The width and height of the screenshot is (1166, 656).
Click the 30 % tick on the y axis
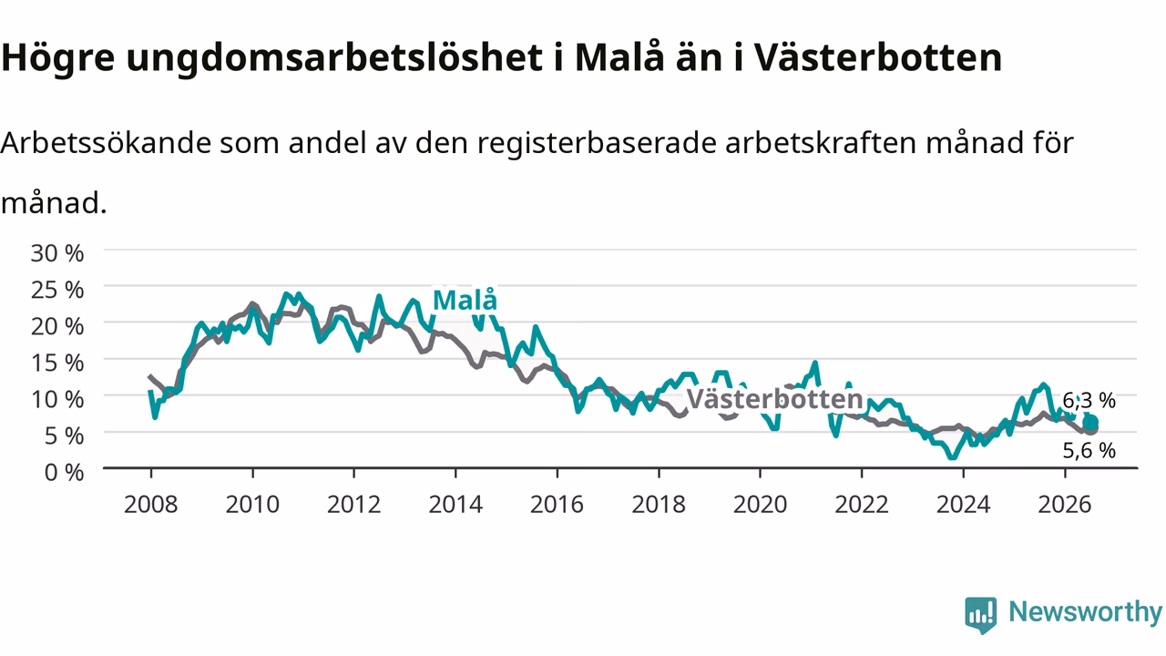(57, 253)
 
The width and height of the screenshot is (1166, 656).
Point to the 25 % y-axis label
(57, 290)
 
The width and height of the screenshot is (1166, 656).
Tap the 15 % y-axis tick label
(57, 363)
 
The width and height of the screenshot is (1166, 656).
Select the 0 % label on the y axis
(64, 472)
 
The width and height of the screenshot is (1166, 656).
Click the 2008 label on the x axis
(150, 505)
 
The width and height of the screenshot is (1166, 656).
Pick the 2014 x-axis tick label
(455, 505)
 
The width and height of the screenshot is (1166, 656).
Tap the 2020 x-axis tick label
(760, 505)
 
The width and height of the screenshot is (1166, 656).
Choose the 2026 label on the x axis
(1065, 505)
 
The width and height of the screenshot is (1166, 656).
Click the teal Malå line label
(465, 300)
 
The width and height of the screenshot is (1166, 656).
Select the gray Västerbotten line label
(774, 399)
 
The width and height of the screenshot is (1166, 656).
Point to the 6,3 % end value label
(1089, 400)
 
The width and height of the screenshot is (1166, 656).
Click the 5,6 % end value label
(1089, 450)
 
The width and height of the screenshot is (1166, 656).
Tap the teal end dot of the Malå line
(1090, 423)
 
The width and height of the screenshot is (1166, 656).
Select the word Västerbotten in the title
(878, 57)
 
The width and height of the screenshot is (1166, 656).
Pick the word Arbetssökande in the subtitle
(106, 142)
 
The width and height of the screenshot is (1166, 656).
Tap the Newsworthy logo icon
(981, 615)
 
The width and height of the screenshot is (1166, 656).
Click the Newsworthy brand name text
(1086, 612)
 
